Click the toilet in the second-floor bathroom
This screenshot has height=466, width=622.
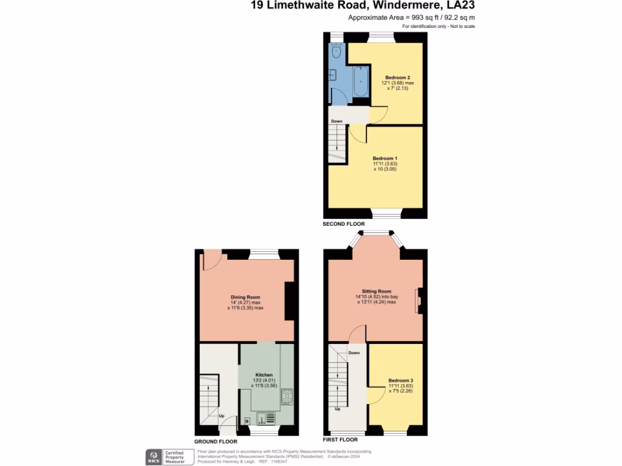(337, 52)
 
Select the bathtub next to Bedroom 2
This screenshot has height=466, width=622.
(360, 84)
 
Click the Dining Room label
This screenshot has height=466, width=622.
(245, 297)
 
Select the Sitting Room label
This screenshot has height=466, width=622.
(377, 291)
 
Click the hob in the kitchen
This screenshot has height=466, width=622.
(287, 397)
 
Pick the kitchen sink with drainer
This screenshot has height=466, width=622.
(265, 418)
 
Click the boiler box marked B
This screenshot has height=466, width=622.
(247, 420)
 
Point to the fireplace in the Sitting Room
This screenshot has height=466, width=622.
(418, 302)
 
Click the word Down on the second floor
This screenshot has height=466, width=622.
(337, 121)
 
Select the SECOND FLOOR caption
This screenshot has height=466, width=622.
(344, 224)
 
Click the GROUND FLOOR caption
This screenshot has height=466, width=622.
(216, 442)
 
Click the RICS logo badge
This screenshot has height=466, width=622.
(154, 456)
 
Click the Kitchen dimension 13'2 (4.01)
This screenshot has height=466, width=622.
(264, 380)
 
